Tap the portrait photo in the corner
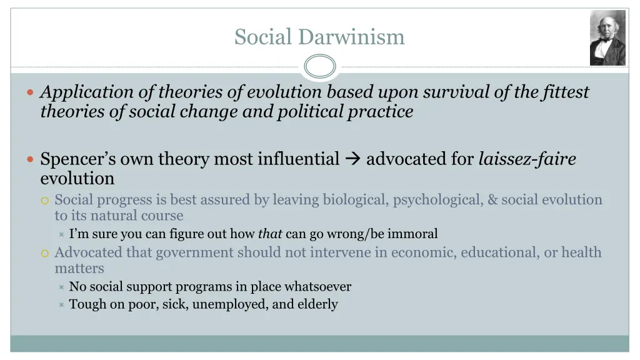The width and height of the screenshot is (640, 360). (607, 37)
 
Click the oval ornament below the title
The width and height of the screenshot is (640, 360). (320, 66)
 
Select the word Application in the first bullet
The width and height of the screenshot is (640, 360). (87, 92)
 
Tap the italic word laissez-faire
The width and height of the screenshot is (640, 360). (527, 159)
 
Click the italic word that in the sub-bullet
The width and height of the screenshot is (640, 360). (270, 234)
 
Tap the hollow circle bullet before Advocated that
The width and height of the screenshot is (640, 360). (44, 253)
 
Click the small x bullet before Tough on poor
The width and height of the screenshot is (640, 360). (61, 305)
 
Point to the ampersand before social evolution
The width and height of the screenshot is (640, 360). (492, 200)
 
